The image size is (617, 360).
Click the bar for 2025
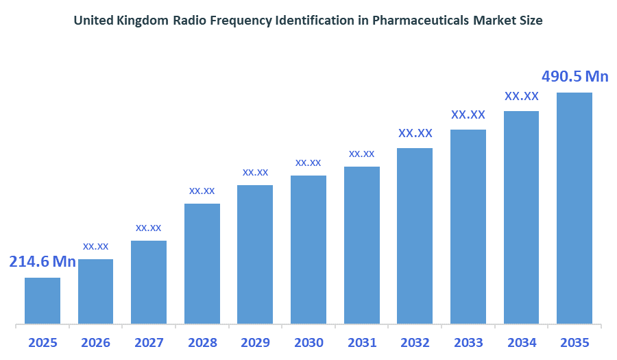coord(43,300)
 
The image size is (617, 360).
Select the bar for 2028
coord(202,263)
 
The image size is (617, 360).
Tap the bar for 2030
coord(308,249)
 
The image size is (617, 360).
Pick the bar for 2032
coord(415,235)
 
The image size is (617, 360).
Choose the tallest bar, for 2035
coord(574,208)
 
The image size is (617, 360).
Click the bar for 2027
coord(149,282)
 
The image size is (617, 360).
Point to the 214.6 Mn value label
coord(43,261)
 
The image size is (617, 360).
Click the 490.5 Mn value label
coord(574,76)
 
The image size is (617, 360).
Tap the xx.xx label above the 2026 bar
coord(96,245)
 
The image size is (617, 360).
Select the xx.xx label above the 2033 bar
coord(468,115)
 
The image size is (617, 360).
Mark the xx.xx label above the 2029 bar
coord(255,171)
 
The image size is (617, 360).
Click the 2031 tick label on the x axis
coord(362,342)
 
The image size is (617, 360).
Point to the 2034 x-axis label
coord(521,342)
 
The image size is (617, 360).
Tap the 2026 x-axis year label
coord(96,342)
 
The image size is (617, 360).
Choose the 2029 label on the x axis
coord(255,342)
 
